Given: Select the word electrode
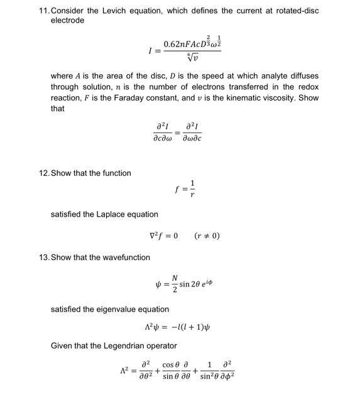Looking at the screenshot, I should coord(67,20).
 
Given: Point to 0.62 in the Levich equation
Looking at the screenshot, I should coord(173,44).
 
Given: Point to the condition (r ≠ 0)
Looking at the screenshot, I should coord(207,236).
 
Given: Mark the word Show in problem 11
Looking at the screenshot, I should coord(308,97).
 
